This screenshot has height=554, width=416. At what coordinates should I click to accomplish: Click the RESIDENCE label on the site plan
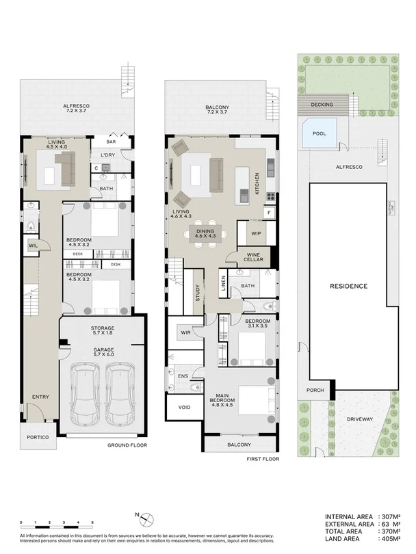tap(349, 286)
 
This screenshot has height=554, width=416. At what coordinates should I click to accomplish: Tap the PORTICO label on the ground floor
tap(38, 438)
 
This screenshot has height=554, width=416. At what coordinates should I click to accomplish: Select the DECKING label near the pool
tap(321, 105)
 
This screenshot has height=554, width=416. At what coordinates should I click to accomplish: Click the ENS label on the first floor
tap(183, 375)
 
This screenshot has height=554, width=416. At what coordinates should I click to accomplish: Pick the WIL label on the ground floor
tap(33, 246)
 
